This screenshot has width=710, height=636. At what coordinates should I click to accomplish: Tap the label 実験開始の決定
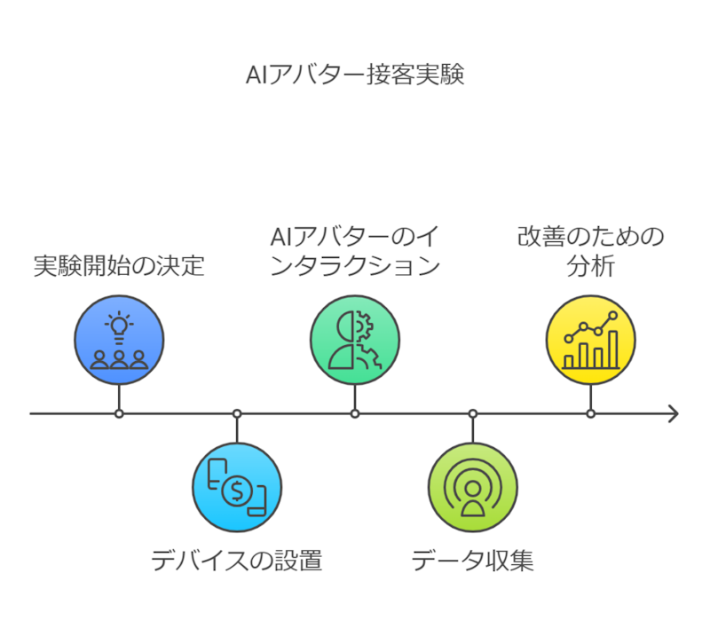point(119,265)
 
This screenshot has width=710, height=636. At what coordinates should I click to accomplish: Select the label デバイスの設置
point(236,561)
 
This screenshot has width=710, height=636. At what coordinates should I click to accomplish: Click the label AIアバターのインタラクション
point(355,251)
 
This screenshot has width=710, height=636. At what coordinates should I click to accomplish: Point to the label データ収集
point(472,561)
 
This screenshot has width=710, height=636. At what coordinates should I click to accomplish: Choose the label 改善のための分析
point(590,251)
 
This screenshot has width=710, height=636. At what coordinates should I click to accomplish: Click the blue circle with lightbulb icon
point(119,341)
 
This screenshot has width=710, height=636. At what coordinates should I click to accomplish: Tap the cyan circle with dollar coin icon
point(237,487)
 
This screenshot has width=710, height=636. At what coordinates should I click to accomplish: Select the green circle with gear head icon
point(355,341)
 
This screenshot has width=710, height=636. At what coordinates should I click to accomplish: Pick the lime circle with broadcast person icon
point(473,487)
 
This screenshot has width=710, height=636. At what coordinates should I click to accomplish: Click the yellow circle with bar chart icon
point(590,341)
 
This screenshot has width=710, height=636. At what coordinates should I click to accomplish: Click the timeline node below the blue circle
point(119,413)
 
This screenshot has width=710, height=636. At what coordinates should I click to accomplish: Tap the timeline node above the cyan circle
point(237,413)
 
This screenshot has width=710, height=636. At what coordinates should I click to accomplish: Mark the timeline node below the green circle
point(355,413)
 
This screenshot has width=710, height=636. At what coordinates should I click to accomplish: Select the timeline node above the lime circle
point(473,413)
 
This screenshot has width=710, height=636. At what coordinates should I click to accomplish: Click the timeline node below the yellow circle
point(591,413)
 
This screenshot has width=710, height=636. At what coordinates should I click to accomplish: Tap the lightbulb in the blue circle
point(119,326)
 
